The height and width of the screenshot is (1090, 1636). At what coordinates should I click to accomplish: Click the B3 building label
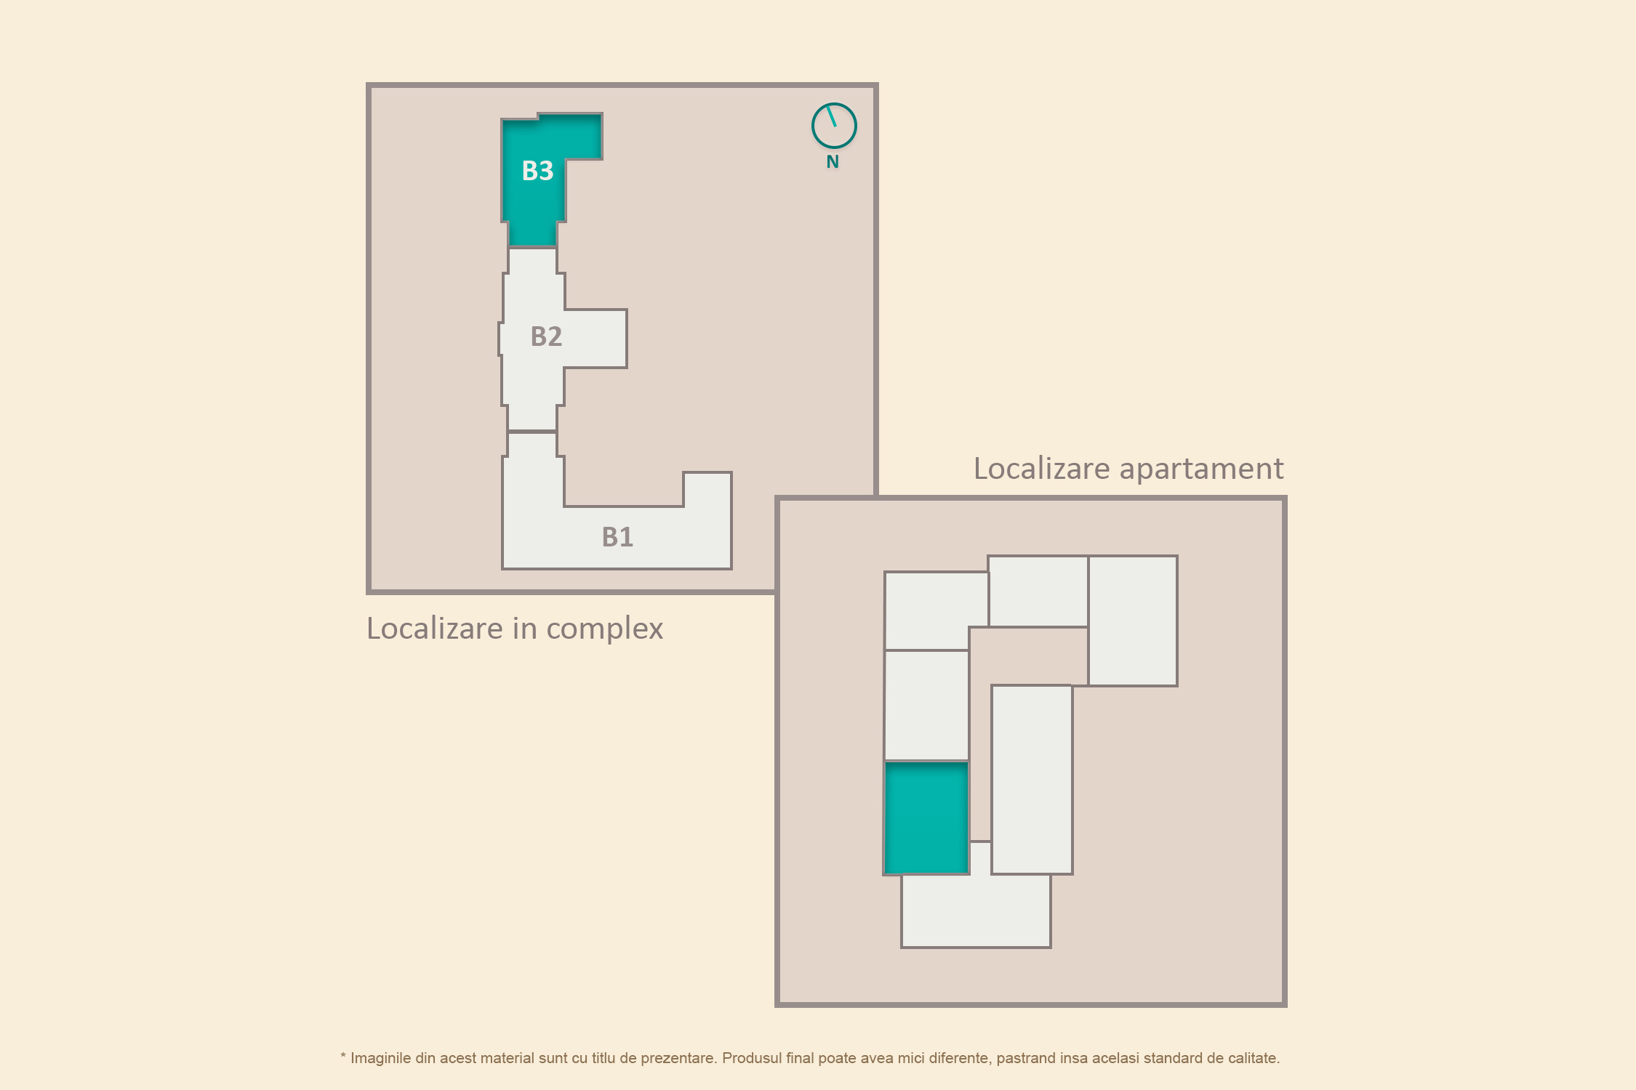[x=537, y=171]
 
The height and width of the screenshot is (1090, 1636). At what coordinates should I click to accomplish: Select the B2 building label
[x=546, y=336]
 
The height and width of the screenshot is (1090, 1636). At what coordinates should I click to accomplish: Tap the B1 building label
[x=617, y=537]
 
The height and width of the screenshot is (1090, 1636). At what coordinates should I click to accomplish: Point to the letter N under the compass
[x=833, y=162]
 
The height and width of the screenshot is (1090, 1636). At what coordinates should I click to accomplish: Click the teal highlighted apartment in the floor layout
[x=926, y=817]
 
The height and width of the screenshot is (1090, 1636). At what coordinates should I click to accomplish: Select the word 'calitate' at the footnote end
[x=1253, y=1058]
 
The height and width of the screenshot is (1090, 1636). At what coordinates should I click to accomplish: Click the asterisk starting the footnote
[x=343, y=1056]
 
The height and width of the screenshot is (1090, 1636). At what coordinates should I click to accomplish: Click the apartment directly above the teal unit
[x=926, y=705]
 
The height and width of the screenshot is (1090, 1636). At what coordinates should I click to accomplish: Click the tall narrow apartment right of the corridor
[x=1032, y=779]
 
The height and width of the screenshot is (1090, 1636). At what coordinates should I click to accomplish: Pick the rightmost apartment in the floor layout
[x=1133, y=621]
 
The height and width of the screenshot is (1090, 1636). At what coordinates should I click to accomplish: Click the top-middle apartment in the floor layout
[x=1038, y=591]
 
